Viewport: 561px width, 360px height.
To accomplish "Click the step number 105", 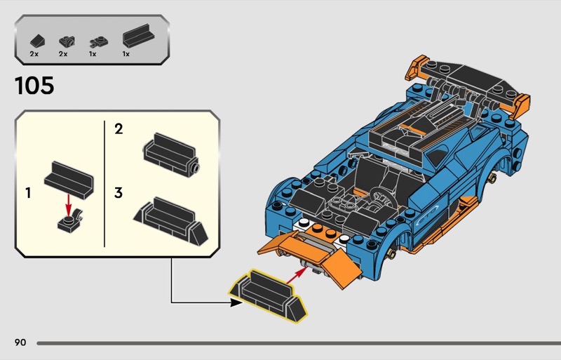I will click(34, 86).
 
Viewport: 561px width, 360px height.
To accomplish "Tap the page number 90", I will click(20, 342).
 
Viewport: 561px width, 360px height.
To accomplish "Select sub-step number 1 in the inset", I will click(28, 192).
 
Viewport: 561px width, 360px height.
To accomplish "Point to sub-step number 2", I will click(119, 128).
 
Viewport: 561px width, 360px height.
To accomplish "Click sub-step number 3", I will click(119, 192).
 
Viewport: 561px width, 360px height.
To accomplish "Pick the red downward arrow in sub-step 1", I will click(68, 204).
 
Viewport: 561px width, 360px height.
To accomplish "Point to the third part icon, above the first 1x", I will click(95, 41).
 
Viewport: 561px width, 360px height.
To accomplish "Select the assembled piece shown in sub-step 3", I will click(171, 215).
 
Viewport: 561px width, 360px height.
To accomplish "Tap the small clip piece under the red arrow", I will click(68, 223).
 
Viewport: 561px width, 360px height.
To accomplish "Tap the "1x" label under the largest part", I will click(126, 53).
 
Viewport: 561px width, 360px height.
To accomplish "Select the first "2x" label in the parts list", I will click(34, 53).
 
